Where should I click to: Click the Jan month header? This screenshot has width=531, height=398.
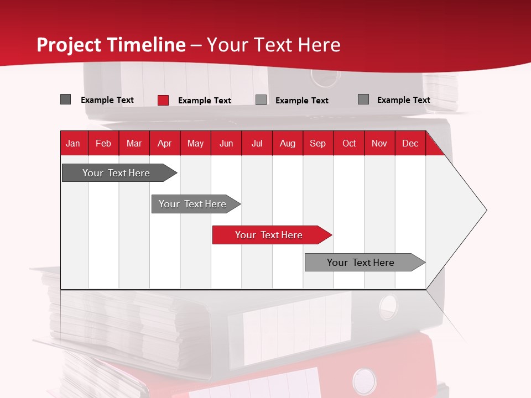[x=73, y=143]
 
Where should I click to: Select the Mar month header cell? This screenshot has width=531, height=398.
[x=134, y=143]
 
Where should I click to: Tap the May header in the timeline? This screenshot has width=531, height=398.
[x=195, y=143]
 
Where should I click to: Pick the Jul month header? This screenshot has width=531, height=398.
[x=257, y=143]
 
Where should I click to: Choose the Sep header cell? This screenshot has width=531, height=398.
[x=317, y=143]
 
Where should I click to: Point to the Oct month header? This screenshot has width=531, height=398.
[x=349, y=143]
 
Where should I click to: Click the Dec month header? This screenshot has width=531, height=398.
[x=410, y=143]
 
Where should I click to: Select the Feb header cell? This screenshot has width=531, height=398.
[x=103, y=143]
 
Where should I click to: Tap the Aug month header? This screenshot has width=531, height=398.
[x=287, y=143]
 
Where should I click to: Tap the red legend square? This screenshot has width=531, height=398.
[x=163, y=100]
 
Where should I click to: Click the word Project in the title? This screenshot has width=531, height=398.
[x=69, y=45]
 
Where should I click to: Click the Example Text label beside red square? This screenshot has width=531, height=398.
[x=204, y=101]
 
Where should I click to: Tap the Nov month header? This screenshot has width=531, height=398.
[x=379, y=143]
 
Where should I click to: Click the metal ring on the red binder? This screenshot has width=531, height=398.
[x=364, y=381]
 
